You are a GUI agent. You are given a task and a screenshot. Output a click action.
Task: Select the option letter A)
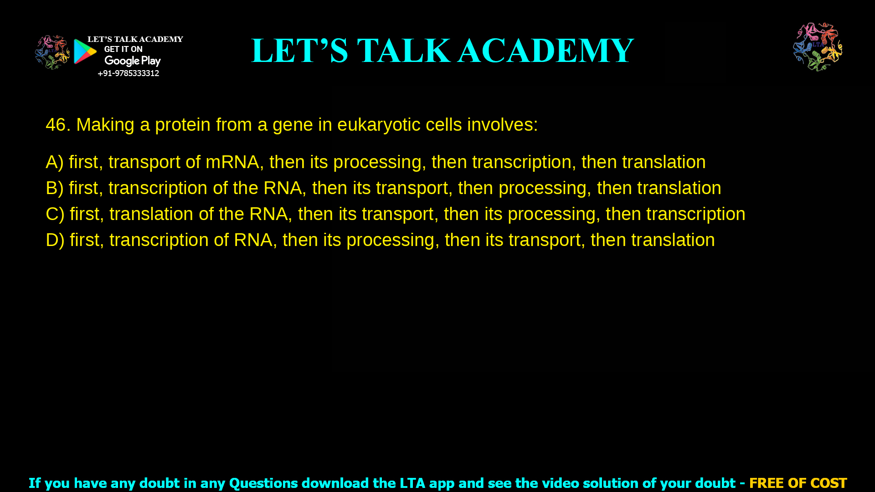54,162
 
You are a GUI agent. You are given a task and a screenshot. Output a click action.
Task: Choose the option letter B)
54,188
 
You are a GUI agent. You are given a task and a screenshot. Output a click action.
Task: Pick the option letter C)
55,214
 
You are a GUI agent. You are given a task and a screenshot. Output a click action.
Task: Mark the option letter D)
55,240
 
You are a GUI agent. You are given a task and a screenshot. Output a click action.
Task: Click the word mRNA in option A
232,162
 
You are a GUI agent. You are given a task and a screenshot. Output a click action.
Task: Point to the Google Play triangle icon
85,51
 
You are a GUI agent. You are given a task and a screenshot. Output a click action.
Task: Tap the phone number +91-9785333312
128,73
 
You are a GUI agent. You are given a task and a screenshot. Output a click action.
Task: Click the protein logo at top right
818,47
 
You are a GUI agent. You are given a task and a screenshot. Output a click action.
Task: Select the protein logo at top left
52,52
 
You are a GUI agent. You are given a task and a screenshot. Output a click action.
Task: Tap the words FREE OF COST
798,483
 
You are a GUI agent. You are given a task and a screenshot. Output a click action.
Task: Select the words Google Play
132,61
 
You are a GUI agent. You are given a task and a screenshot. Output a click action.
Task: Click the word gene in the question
292,125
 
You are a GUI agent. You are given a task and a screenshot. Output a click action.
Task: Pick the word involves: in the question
502,125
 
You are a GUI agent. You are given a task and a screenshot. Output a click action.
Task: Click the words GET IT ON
123,49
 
